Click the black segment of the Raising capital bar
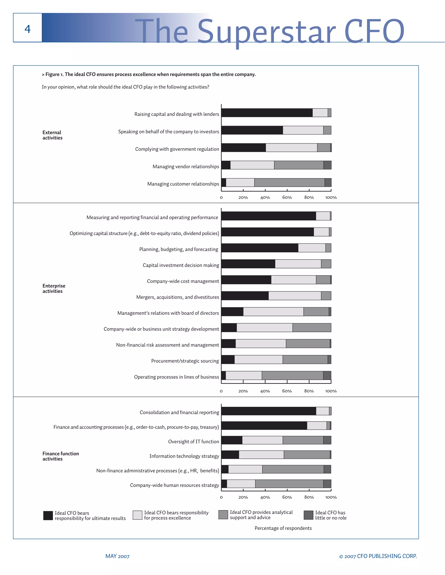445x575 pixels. [x=267, y=113]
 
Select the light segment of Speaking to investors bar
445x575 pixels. [x=303, y=130]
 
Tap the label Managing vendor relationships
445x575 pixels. [x=186, y=166]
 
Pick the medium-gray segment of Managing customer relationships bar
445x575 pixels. [x=289, y=182]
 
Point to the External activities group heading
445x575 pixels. [x=52, y=135]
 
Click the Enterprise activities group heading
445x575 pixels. [x=54, y=288]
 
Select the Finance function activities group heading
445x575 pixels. [x=61, y=456]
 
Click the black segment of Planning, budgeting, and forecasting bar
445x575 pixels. [x=260, y=248]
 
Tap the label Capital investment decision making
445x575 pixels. [x=181, y=265]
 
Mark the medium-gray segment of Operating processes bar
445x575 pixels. [x=293, y=375]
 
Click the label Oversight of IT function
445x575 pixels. [x=194, y=442]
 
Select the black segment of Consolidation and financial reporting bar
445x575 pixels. [x=269, y=411]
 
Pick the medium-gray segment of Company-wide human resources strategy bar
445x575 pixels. [x=289, y=484]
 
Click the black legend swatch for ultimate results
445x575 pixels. [x=48, y=516]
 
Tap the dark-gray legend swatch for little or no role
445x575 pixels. [x=309, y=515]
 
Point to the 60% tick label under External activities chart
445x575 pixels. [x=287, y=197]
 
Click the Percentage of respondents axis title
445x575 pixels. [x=283, y=528]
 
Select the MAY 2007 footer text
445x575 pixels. [x=117, y=556]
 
